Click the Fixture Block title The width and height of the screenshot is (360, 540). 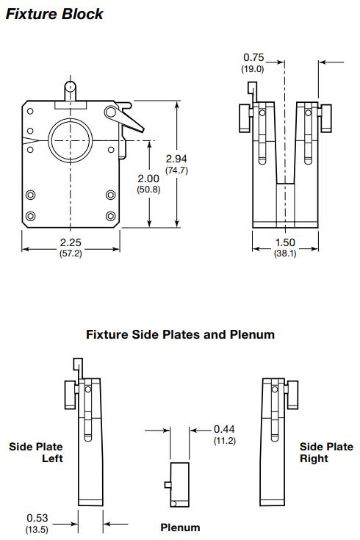(x=55, y=13)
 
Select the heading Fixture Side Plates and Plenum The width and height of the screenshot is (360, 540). (x=180, y=334)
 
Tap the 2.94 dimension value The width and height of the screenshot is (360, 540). (x=177, y=159)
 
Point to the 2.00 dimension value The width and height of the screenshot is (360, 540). (x=148, y=179)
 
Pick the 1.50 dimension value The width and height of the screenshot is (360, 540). (x=285, y=244)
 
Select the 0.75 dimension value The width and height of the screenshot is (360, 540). (x=253, y=57)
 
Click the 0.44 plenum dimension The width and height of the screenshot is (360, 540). (x=225, y=429)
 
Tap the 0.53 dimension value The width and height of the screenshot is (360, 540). (x=37, y=518)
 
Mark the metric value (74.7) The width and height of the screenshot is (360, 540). (x=177, y=170)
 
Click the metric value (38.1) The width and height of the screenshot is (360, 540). (x=285, y=254)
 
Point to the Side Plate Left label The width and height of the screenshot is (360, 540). (x=36, y=452)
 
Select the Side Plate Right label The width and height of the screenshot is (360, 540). (x=325, y=452)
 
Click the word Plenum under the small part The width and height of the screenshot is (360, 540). (x=180, y=528)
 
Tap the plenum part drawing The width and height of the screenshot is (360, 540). (x=180, y=484)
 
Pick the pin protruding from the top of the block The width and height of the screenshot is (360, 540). (x=71, y=90)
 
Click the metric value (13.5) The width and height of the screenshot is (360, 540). (x=37, y=529)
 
